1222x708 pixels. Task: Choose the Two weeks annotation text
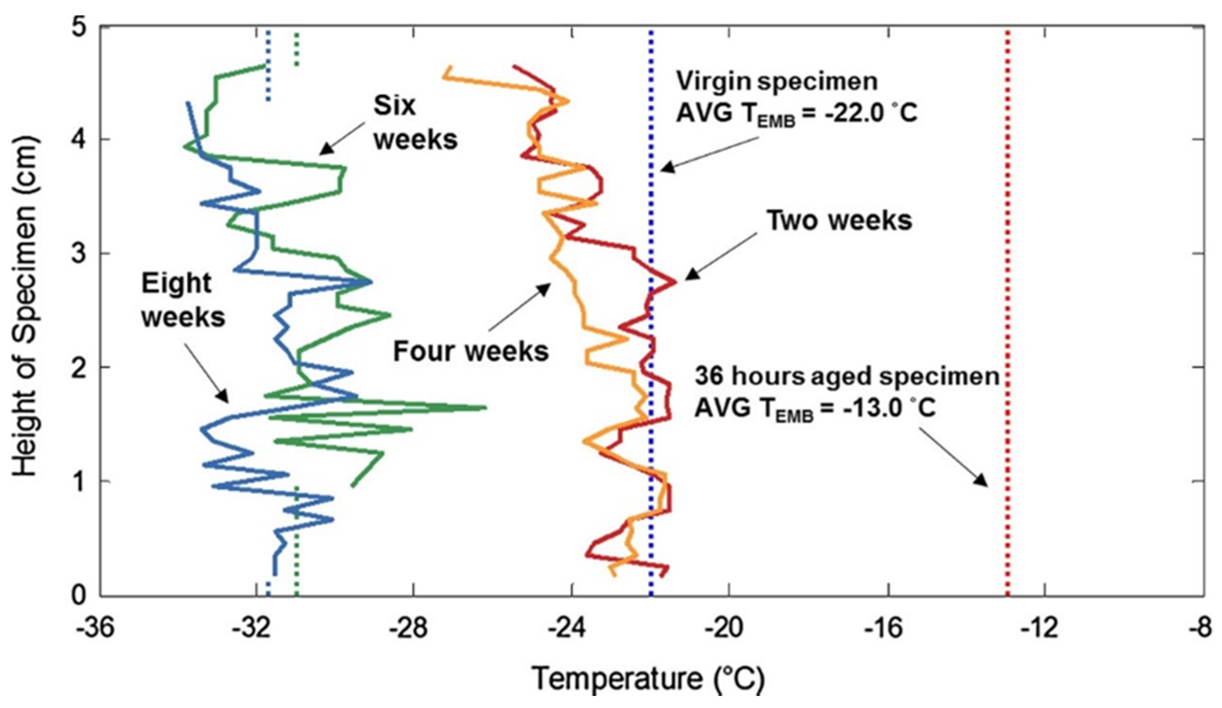pos(839,220)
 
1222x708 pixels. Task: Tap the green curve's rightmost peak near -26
pos(484,408)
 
